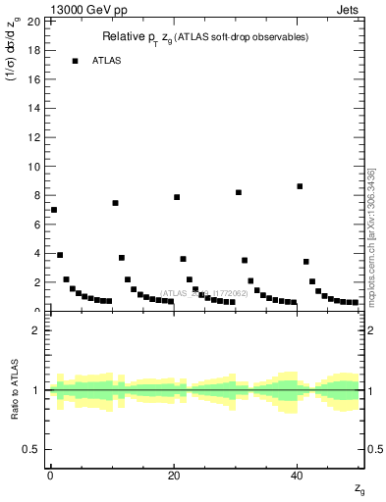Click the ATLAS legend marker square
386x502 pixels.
(75, 61)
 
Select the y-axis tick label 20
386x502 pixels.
(35, 21)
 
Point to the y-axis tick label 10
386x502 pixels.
(35, 166)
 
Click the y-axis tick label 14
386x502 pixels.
(35, 108)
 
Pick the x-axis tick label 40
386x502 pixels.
(298, 475)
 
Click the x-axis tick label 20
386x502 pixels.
(174, 475)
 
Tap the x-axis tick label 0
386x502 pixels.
(50, 475)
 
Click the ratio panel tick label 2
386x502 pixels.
(37, 330)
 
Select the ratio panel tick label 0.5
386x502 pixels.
(32, 449)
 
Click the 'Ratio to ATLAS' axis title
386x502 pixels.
(16, 390)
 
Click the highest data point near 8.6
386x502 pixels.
(300, 186)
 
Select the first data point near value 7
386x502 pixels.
(54, 210)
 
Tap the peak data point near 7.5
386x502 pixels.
(115, 203)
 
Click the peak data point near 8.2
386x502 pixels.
(239, 192)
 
